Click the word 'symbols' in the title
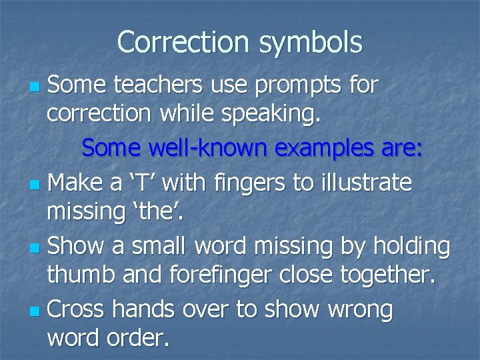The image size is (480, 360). tap(313, 42)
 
